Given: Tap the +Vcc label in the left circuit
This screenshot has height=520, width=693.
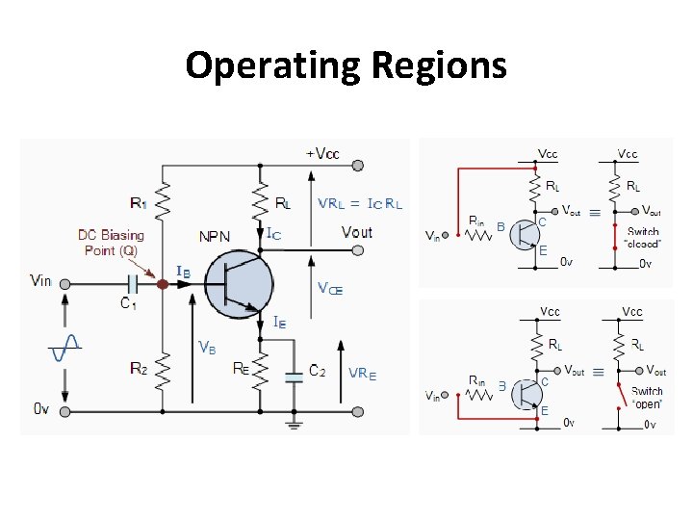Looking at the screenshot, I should [x=322, y=154].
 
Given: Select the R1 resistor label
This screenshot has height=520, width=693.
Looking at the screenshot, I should [x=140, y=203].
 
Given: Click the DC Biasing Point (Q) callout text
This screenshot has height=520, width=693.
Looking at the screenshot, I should [x=111, y=242].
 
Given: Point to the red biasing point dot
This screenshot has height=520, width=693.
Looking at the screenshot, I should [x=163, y=284].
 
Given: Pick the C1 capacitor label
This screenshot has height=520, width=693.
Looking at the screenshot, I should [x=128, y=303].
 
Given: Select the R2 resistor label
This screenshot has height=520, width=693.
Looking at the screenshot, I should [x=140, y=368].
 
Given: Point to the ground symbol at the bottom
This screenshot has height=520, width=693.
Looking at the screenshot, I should [x=295, y=421].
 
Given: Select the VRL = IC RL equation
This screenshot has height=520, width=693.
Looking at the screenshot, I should [x=360, y=203].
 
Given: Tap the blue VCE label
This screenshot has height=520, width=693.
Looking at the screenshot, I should [x=330, y=287].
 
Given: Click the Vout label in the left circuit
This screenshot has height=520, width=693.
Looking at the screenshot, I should [x=357, y=232].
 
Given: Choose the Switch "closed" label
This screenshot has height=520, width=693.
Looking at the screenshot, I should [x=644, y=238].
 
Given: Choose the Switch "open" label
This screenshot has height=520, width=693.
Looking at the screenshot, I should [x=647, y=397].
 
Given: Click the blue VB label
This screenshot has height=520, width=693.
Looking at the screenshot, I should [x=207, y=347].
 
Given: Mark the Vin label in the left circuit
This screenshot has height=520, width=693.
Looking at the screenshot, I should [x=41, y=280].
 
